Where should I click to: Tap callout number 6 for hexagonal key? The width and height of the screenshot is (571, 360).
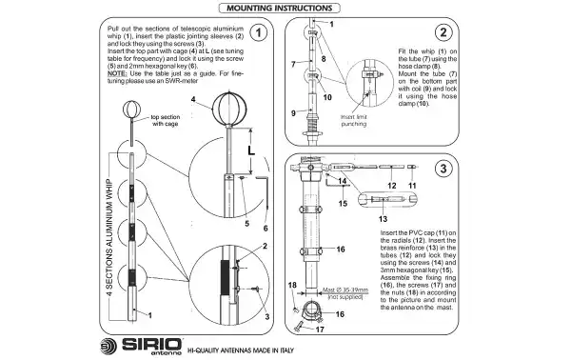(x=266, y=229)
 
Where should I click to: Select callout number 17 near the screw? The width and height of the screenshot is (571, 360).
(x=321, y=330)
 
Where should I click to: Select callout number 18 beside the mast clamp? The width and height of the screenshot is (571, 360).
(x=293, y=284)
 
